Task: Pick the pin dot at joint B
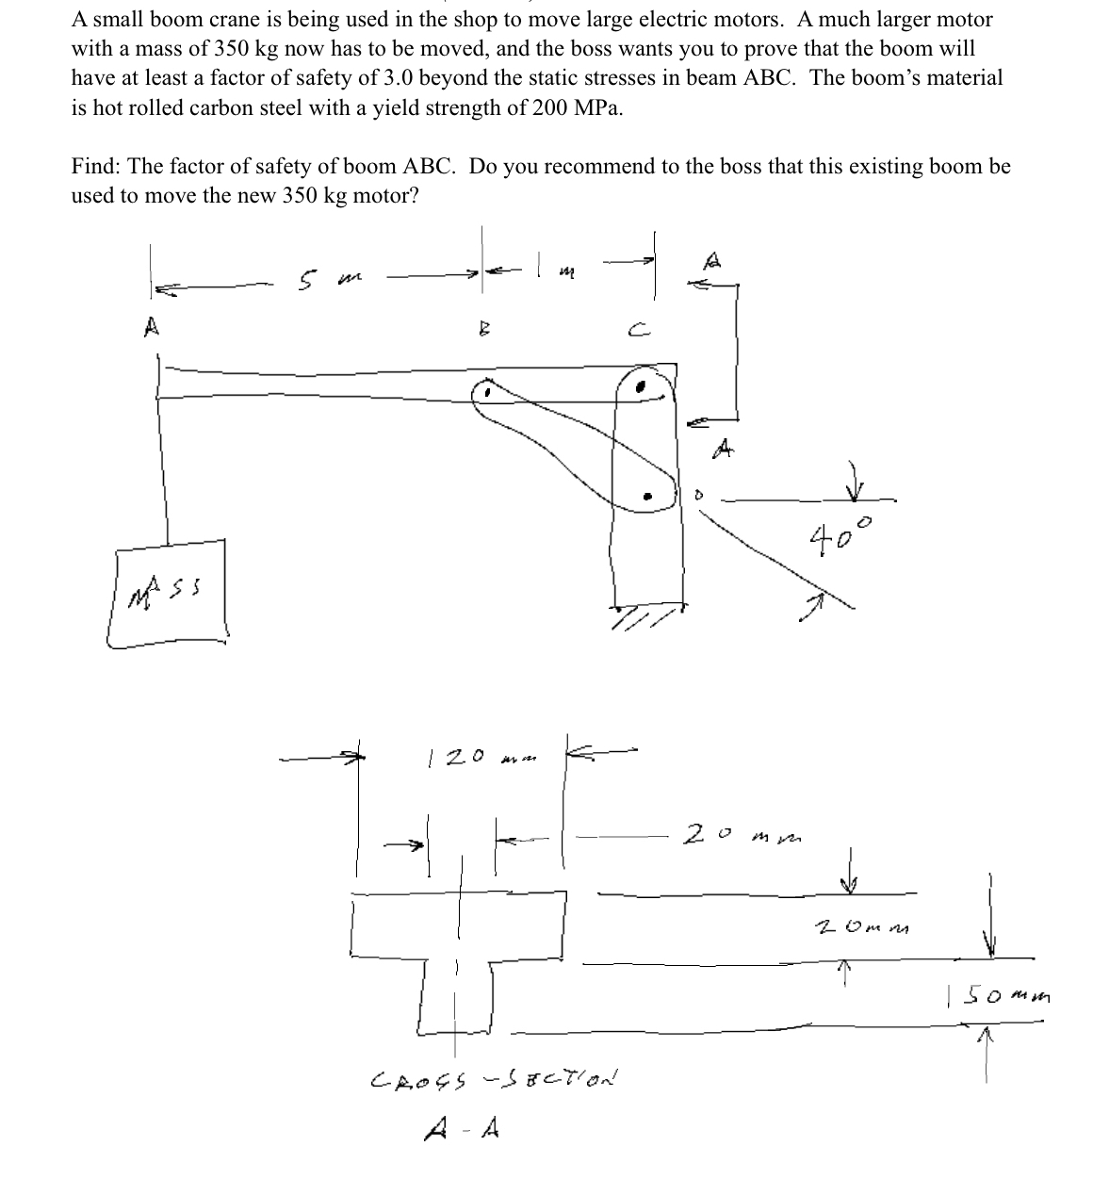[487, 392]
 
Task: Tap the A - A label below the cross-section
[475, 1127]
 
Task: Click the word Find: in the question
[97, 167]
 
